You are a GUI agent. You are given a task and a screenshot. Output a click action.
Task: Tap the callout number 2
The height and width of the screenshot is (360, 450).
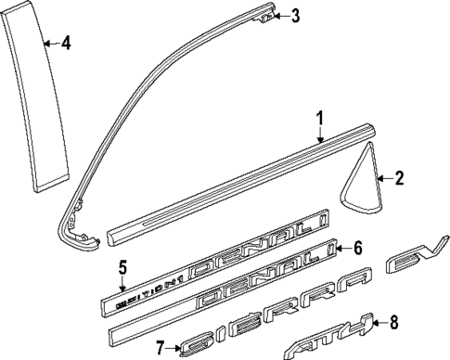point(400,178)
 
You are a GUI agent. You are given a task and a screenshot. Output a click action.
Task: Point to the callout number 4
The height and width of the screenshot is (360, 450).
point(65,42)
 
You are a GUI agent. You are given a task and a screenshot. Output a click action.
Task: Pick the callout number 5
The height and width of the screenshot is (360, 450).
point(122,268)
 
